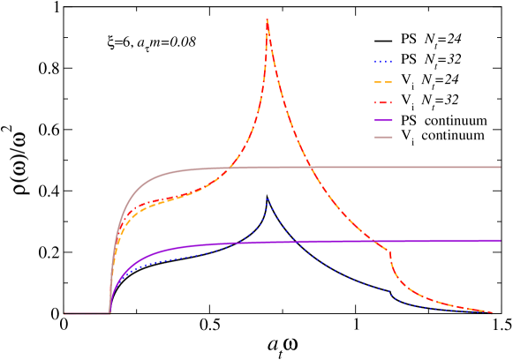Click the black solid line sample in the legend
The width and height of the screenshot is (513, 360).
click(x=383, y=41)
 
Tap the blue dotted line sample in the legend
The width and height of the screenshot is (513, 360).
click(x=383, y=60)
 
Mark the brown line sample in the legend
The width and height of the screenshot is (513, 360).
click(x=383, y=137)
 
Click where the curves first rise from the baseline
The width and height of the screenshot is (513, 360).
click(x=109, y=311)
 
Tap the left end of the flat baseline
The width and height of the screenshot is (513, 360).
click(x=64, y=313)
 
